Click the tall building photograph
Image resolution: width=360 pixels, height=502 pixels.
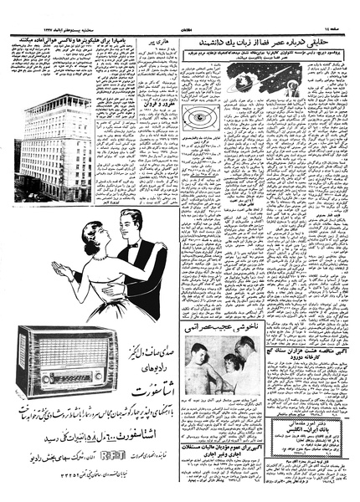pyautogui.click(x=54, y=148)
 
